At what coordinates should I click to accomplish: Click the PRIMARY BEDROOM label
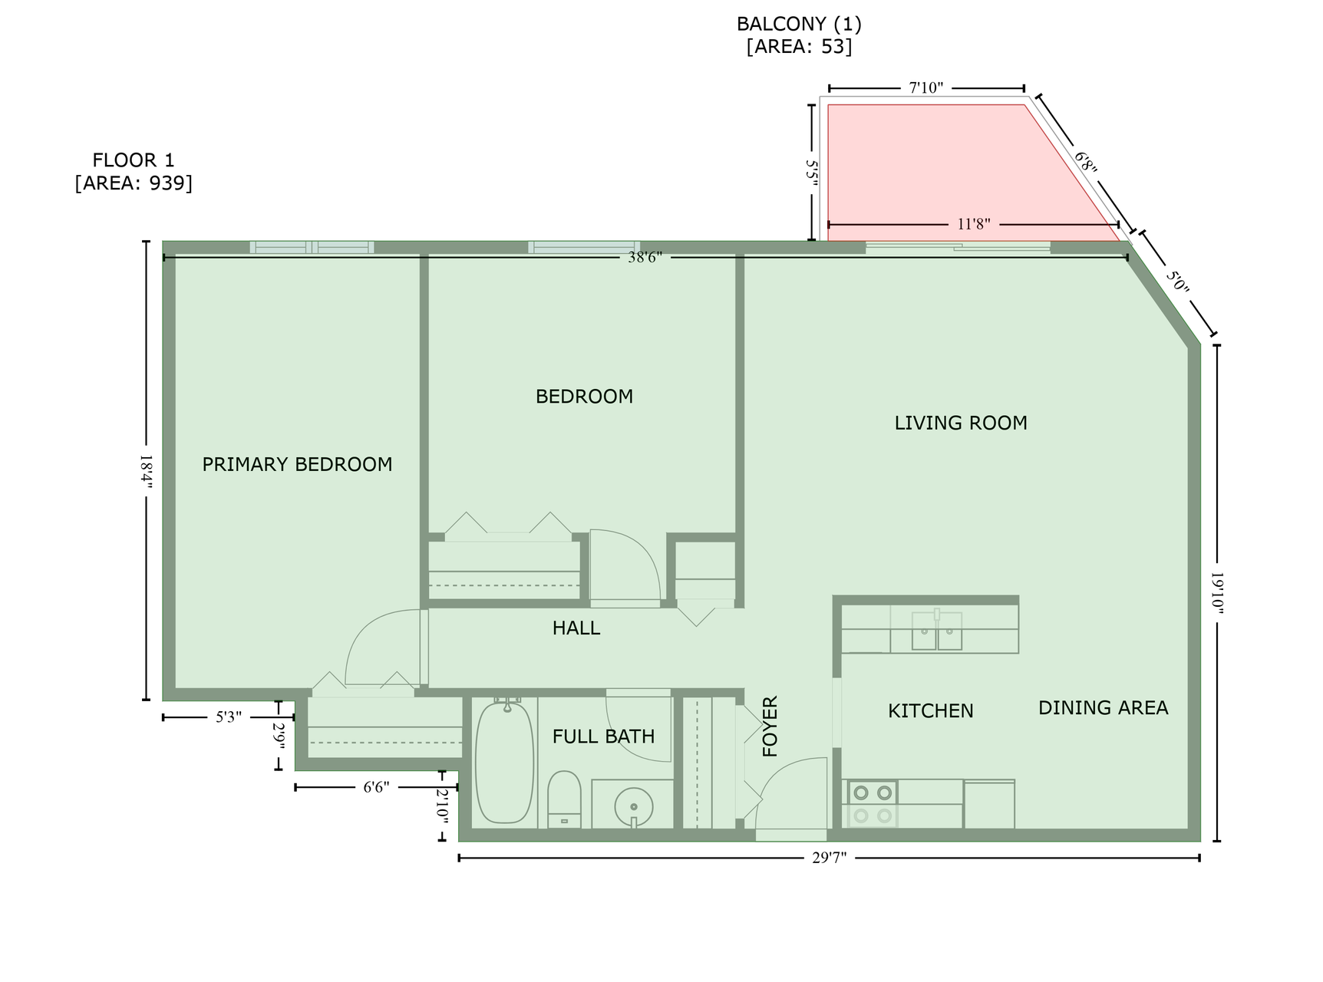pyautogui.click(x=297, y=464)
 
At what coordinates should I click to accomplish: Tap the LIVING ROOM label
pyautogui.click(x=961, y=423)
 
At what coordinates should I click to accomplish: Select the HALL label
pyautogui.click(x=576, y=628)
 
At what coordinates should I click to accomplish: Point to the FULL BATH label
pyautogui.click(x=604, y=736)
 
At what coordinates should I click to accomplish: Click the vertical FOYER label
pyautogui.click(x=770, y=727)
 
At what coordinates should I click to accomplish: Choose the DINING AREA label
pyautogui.click(x=1104, y=708)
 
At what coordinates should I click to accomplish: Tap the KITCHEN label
pyautogui.click(x=931, y=711)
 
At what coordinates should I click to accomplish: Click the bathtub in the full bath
pyautogui.click(x=504, y=763)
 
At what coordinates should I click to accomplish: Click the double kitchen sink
pyautogui.click(x=937, y=631)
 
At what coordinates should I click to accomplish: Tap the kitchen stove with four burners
pyautogui.click(x=873, y=804)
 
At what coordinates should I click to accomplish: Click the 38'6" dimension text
pyautogui.click(x=645, y=258)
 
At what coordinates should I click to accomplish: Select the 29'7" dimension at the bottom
pyautogui.click(x=829, y=858)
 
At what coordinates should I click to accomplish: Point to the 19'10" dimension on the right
pyautogui.click(x=1217, y=592)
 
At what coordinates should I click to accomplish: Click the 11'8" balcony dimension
pyautogui.click(x=974, y=225)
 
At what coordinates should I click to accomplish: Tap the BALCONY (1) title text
pyautogui.click(x=799, y=25)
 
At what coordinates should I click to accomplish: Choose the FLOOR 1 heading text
pyautogui.click(x=134, y=160)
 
